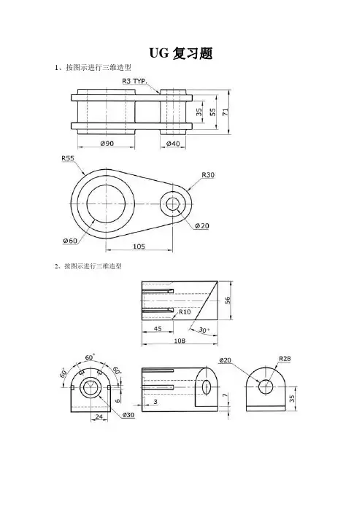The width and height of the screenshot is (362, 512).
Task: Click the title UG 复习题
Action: pos(181,53)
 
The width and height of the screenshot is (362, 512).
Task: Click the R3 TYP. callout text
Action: pos(134,81)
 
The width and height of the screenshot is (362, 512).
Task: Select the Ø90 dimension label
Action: pos(107,143)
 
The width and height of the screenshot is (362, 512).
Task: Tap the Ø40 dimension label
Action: pos(173,144)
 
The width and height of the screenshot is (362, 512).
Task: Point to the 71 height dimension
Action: pos(226,112)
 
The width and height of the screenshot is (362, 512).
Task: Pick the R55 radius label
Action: pos(68,158)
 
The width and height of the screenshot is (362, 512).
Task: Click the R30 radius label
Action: pos(208,175)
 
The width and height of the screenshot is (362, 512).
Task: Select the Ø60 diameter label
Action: pos(70,241)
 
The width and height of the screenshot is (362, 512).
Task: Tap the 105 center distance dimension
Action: pos(139,247)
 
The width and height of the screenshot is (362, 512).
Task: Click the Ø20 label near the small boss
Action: pos(202,225)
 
